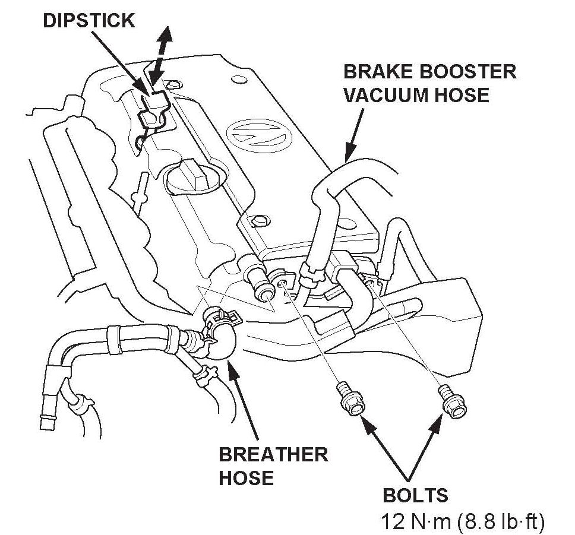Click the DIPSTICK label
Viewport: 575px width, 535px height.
pos(89,21)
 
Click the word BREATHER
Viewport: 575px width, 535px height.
pos(273,455)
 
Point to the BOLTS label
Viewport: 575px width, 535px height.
pos(415,495)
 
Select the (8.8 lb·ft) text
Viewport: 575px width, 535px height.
pos(500,522)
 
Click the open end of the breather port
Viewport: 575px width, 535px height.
pos(264,294)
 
